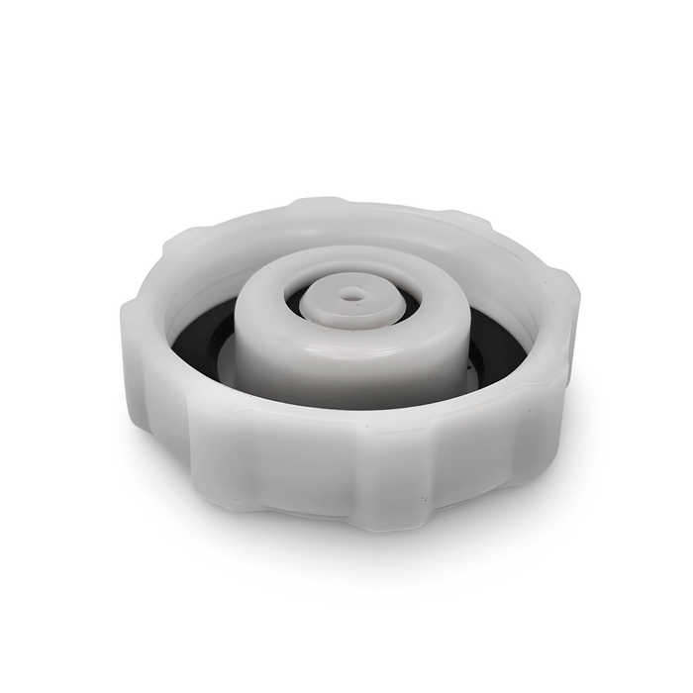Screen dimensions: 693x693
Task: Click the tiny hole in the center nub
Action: pyautogui.click(x=352, y=294)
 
